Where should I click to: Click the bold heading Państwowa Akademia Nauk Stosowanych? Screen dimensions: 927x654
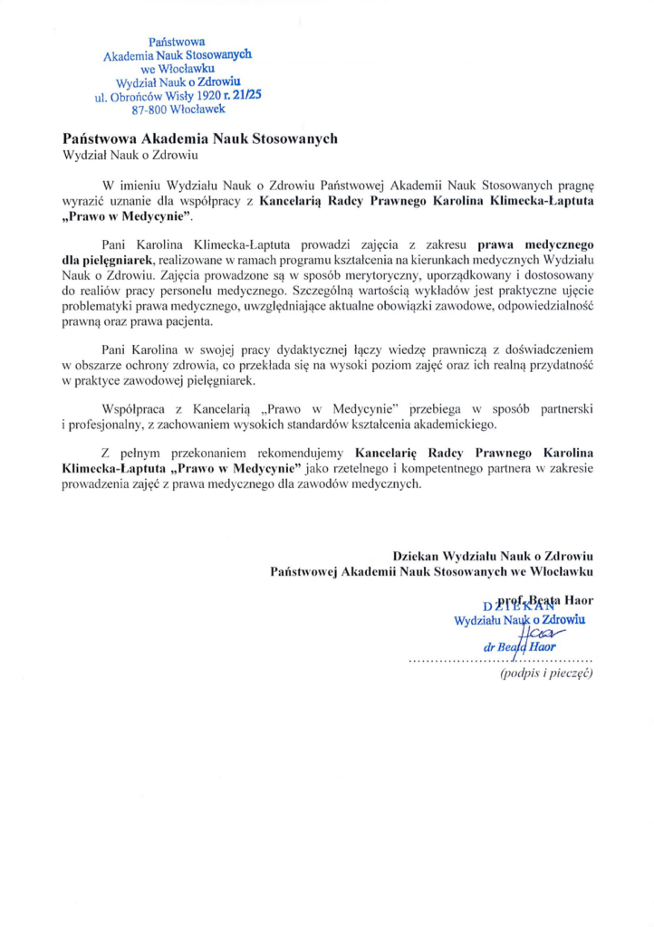[x=200, y=139]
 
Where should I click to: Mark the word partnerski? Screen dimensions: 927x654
[x=561, y=407]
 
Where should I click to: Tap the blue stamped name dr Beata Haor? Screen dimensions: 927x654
[x=520, y=648]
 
